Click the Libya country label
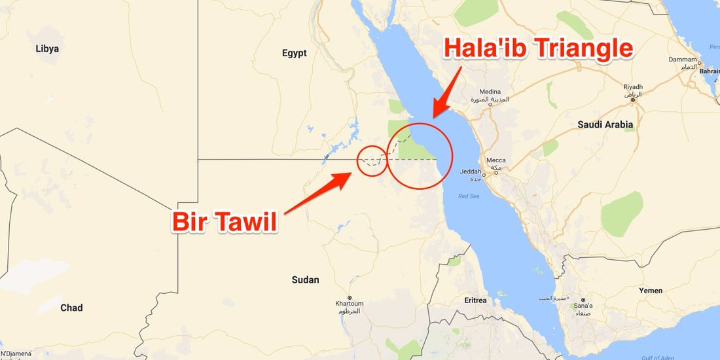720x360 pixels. [47, 48]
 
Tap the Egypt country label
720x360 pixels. [294, 54]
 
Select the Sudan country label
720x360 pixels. [305, 280]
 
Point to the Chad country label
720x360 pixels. [71, 308]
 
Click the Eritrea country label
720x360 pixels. [475, 300]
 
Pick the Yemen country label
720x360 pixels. [650, 291]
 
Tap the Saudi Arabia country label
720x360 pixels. [605, 124]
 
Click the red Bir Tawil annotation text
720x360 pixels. [225, 222]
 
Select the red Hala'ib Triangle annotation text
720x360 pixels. [538, 49]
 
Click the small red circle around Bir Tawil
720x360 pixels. [372, 160]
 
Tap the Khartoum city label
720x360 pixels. [349, 304]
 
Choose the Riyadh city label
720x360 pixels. [633, 87]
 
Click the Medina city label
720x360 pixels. [490, 92]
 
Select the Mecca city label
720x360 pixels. [496, 160]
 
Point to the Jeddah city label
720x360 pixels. [471, 172]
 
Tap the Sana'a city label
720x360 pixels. [583, 306]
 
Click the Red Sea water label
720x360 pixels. [469, 196]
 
